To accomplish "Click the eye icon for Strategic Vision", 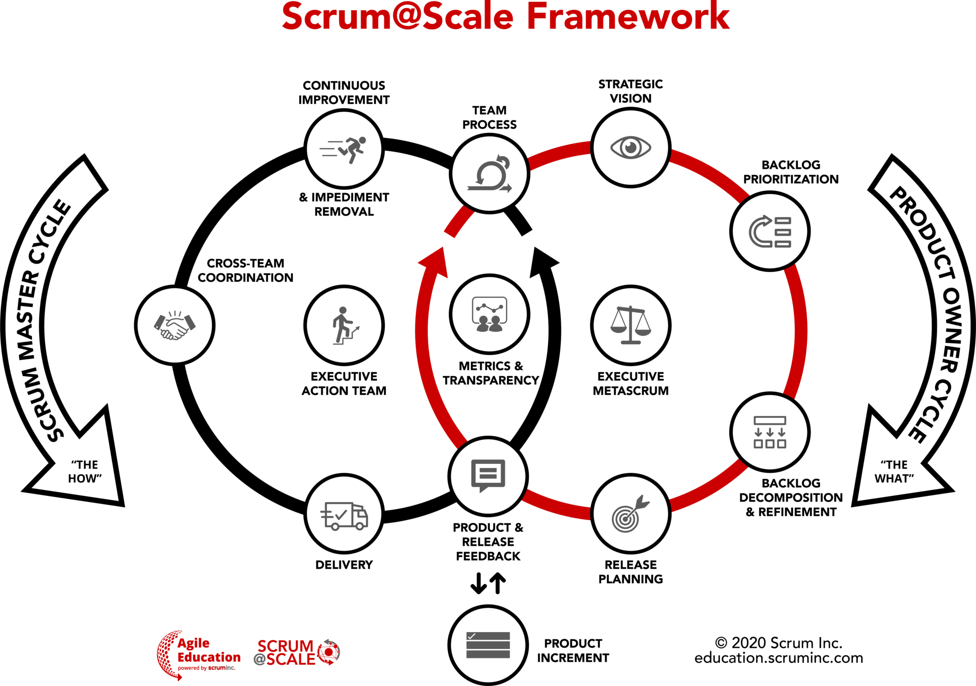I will pos(630,147).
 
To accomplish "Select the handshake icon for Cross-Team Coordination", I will pos(175,325).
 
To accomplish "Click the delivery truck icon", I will pos(344,516).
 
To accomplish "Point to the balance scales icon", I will pos(630,325).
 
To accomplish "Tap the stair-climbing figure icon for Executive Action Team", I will pos(344,325).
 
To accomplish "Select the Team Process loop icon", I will pos(489,174).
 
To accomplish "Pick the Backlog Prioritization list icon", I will pos(770,232).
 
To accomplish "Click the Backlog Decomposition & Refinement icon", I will pos(770,432).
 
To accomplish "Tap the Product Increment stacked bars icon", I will pos(488,645).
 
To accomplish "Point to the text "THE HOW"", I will pos(84,471).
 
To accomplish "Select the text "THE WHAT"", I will pos(894,471).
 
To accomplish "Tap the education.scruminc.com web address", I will pos(779,658).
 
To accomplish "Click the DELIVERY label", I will pos(344,565).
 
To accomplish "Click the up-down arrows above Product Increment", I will pos(488,583).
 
